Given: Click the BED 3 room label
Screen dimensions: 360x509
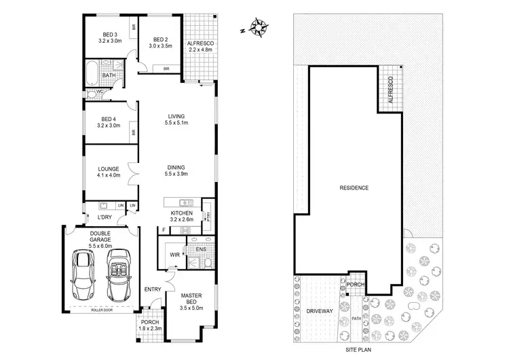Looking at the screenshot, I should pyautogui.click(x=109, y=37).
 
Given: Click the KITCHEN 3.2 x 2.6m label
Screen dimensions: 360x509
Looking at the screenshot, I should pyautogui.click(x=181, y=216).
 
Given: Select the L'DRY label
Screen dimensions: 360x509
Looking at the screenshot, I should pyautogui.click(x=105, y=217).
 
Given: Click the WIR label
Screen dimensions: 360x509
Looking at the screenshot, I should pyautogui.click(x=174, y=256).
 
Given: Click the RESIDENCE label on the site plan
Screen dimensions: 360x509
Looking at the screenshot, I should pyautogui.click(x=354, y=187).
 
